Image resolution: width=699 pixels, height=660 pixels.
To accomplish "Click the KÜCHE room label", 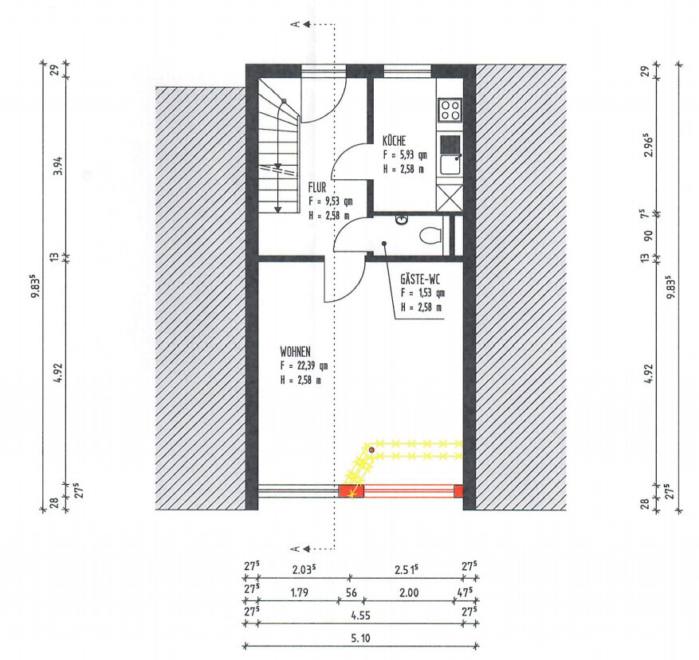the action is click(394, 141).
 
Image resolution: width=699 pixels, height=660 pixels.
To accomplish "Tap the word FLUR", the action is click(317, 187).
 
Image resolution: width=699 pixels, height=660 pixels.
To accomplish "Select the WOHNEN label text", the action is click(295, 351).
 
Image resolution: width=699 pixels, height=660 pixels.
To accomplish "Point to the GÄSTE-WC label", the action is click(420, 279).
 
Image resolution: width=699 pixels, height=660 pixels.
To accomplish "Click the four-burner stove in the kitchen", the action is click(450, 110).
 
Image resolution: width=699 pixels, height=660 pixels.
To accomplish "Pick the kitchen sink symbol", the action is click(450, 164).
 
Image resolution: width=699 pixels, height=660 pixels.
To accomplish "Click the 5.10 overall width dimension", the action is click(360, 639).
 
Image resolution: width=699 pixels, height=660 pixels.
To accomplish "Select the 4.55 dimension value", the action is click(360, 615).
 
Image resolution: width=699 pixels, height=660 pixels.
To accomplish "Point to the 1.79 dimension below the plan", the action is click(299, 593).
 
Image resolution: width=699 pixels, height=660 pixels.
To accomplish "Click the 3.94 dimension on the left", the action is click(58, 166).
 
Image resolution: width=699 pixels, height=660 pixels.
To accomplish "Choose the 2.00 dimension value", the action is click(409, 593).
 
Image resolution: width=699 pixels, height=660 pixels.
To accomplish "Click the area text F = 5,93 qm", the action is click(405, 155).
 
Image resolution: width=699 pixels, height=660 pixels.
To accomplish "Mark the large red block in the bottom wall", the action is click(351, 491).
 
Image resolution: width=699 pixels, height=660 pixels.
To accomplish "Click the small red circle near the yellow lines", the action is click(371, 451).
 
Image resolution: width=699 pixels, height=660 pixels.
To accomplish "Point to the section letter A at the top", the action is click(295, 24).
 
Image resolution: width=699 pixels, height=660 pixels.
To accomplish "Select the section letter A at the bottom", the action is click(295, 549).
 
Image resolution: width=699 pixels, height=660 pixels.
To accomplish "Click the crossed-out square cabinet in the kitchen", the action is click(450, 197).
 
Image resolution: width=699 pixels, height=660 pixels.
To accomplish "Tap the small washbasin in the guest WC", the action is click(402, 219).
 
